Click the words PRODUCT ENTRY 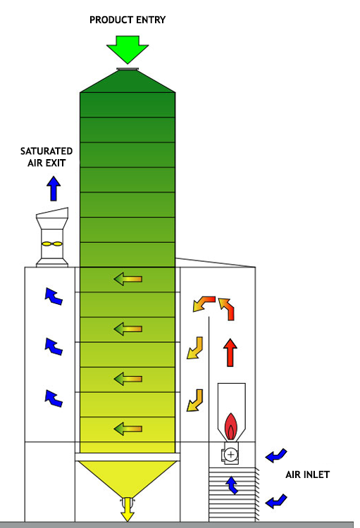click(x=128, y=20)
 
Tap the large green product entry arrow click(x=128, y=49)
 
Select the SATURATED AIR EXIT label click(x=46, y=157)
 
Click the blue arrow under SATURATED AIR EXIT click(x=54, y=189)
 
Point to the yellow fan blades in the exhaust click(x=52, y=244)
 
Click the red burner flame click(x=231, y=427)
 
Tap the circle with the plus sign click(x=231, y=455)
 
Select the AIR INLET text click(x=307, y=474)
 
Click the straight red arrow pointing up click(x=230, y=352)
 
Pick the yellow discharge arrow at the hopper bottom click(x=127, y=509)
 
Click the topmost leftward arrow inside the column click(x=128, y=279)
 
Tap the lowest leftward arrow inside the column click(x=128, y=429)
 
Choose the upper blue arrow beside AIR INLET click(x=276, y=455)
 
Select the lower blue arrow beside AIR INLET click(x=276, y=501)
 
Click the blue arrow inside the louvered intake click(x=232, y=485)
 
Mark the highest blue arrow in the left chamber click(x=54, y=296)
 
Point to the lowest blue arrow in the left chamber click(x=54, y=398)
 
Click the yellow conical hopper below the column click(x=127, y=477)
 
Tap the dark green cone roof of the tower click(x=128, y=81)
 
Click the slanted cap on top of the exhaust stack click(x=52, y=213)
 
